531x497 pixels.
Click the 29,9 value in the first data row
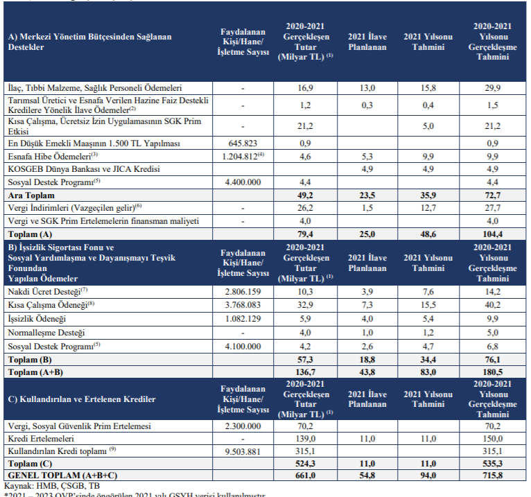coord(494,89)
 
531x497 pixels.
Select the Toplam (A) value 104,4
coord(494,234)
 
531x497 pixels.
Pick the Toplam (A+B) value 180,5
coord(494,372)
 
